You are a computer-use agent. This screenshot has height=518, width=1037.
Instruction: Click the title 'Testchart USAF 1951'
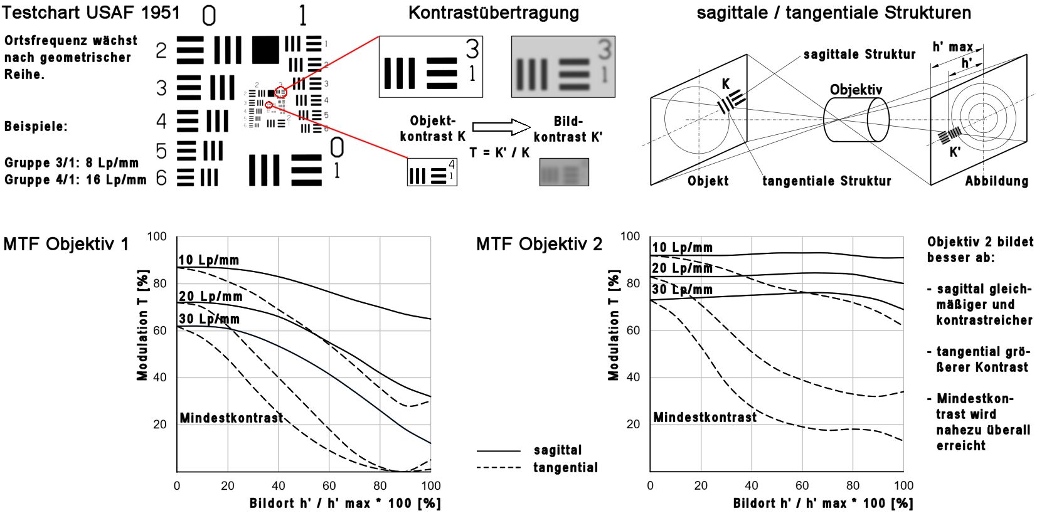91,13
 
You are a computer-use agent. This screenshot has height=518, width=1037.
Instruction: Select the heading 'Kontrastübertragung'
493,13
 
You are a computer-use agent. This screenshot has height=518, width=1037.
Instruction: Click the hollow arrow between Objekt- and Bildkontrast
501,127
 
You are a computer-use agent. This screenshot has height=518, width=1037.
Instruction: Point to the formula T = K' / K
499,152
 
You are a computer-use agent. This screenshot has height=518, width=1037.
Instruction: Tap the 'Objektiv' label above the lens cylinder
856,90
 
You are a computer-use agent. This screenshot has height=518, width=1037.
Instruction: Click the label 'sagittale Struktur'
859,55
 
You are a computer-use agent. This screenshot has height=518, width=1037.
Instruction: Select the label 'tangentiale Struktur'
826,181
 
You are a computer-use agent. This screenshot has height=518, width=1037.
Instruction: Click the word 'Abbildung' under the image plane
996,181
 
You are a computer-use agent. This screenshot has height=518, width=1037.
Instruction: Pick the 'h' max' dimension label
952,47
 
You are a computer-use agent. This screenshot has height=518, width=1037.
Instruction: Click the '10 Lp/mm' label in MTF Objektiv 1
208,260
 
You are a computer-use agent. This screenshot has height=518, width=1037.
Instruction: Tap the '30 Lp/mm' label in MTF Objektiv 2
682,290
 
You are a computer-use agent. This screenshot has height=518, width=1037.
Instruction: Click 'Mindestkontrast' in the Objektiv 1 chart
231,418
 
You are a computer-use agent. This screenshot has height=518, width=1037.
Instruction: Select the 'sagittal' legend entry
558,450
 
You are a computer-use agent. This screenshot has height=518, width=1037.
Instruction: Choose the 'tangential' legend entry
565,467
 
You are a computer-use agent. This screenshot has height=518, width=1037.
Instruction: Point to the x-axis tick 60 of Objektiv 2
802,485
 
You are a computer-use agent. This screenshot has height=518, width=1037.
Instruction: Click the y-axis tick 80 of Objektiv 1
160,283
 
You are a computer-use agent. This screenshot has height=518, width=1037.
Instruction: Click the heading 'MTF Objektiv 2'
539,244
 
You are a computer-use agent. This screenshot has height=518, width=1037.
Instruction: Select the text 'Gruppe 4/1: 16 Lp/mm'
75,180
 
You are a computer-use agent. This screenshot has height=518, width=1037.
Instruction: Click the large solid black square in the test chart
265,50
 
